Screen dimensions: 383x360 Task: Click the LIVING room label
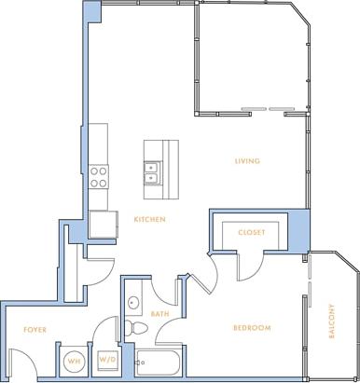[x=247, y=161]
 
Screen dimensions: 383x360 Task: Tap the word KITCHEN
[x=149, y=220]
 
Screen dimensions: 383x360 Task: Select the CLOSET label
[x=251, y=232]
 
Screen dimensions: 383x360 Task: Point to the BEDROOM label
[x=252, y=328]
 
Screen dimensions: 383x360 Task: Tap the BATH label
[x=159, y=314]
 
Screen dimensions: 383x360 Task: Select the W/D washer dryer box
[x=106, y=360]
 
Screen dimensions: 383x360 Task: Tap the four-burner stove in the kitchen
[x=99, y=176]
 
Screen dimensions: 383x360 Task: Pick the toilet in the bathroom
[x=136, y=328]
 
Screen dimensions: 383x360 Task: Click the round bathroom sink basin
[x=133, y=302]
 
